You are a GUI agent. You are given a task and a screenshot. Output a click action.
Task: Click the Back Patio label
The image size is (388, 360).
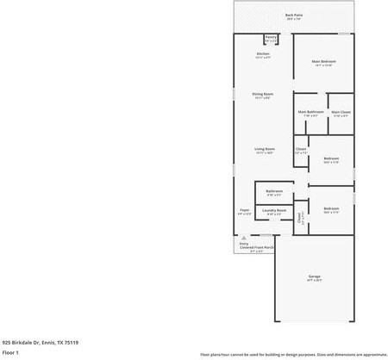[294, 15]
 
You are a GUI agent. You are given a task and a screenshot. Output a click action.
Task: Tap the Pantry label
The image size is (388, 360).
[271, 37]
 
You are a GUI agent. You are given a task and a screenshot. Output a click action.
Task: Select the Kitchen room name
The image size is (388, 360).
[263, 54]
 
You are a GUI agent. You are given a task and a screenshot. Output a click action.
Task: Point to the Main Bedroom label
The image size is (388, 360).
[323, 61]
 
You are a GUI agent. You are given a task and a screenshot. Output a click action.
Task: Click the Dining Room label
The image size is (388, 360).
[263, 94]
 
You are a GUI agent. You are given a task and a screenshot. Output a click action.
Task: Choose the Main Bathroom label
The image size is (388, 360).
[311, 112]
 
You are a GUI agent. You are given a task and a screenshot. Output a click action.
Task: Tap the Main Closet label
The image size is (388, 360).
[341, 112]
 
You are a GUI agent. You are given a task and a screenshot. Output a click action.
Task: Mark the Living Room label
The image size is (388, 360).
[264, 150]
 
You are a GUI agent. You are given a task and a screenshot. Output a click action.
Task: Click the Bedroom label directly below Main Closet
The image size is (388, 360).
[331, 158]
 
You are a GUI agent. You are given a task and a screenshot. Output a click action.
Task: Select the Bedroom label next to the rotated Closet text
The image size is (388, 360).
[331, 208]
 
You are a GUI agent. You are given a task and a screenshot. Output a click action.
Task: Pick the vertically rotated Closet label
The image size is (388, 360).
[300, 219]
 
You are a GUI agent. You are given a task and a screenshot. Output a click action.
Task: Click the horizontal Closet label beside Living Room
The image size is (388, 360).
[301, 150]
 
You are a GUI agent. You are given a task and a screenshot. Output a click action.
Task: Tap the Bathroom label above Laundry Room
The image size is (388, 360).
[275, 191]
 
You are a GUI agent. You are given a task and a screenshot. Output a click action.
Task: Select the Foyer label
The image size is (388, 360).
[245, 210]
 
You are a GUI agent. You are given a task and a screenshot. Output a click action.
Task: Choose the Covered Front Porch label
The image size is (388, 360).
[257, 247]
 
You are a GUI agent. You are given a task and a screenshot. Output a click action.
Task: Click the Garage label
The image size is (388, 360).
[314, 276]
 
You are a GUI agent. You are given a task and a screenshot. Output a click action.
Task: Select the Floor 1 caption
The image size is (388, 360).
[11, 352]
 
